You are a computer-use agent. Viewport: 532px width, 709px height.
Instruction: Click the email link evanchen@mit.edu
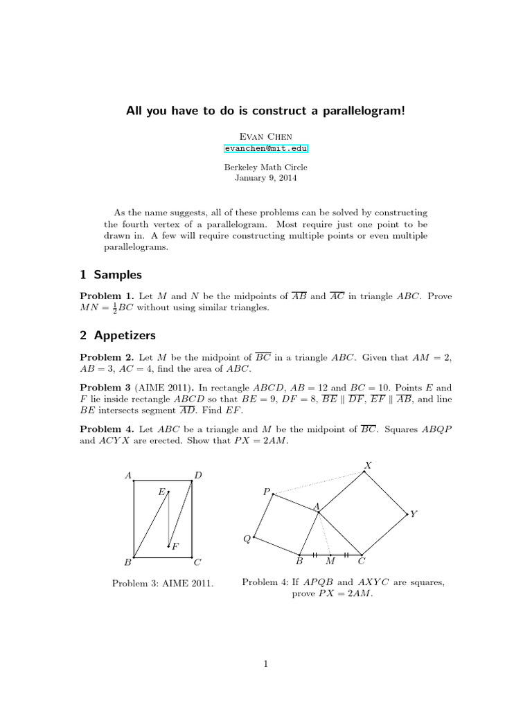pyautogui.click(x=266, y=147)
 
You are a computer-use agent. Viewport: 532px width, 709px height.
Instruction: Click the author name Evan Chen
pyautogui.click(x=266, y=136)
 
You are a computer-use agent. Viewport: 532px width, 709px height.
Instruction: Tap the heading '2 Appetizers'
pyautogui.click(x=118, y=335)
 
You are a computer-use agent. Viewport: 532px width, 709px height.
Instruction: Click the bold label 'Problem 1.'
pyautogui.click(x=107, y=296)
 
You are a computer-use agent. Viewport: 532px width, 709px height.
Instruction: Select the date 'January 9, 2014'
pyautogui.click(x=266, y=177)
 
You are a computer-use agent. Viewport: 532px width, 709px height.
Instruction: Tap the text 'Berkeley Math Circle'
pyautogui.click(x=266, y=167)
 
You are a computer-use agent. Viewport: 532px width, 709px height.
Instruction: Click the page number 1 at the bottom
pyautogui.click(x=266, y=665)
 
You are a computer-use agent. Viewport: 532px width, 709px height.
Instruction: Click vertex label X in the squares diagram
pyautogui.click(x=368, y=465)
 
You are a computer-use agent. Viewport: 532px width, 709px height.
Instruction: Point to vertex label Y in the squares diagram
pyautogui.click(x=414, y=514)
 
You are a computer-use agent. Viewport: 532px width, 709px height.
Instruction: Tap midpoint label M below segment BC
pyautogui.click(x=330, y=562)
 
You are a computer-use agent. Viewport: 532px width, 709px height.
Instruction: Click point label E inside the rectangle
pyautogui.click(x=161, y=492)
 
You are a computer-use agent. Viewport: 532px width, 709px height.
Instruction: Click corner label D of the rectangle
pyautogui.click(x=198, y=475)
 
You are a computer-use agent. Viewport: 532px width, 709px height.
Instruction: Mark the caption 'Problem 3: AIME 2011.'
pyautogui.click(x=163, y=584)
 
